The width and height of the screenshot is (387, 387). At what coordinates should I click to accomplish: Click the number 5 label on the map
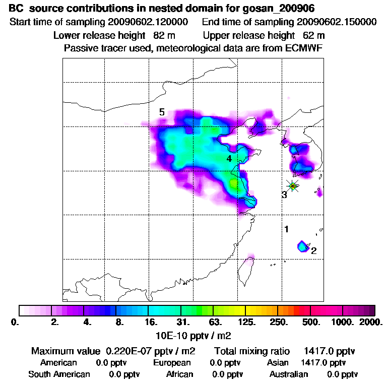coord(162,112)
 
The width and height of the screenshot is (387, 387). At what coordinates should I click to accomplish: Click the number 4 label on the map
coord(229,159)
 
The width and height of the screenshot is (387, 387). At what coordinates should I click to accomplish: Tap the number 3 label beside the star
coord(284,195)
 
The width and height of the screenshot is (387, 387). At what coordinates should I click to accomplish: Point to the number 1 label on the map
coord(286,229)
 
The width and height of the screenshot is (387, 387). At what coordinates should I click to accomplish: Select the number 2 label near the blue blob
coord(313,251)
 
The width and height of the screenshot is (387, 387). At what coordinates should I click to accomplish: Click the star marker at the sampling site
coord(293,185)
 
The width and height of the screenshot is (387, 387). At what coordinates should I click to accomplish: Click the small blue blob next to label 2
coord(302,246)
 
